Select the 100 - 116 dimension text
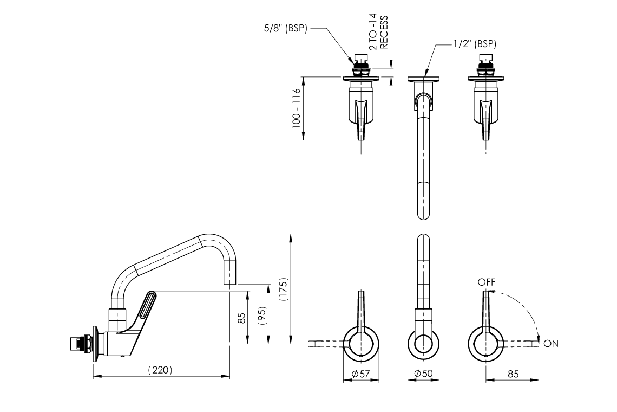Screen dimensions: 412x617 pos(296,108)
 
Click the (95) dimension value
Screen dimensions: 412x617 pos(262,316)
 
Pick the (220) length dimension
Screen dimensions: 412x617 pos(160,370)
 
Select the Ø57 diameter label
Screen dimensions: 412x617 pos(360,374)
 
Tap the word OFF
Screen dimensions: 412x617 pos(486,282)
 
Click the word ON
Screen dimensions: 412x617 pos(551,344)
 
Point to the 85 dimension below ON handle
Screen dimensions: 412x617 pos(513,374)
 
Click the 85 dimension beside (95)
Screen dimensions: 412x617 pos(242,317)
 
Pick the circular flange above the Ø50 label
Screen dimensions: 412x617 pos(423,344)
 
